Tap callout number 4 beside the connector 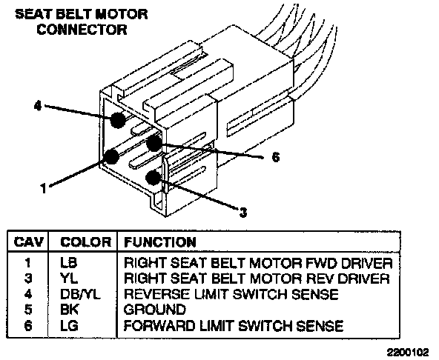click(38, 106)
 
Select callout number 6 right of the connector click(276, 157)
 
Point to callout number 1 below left click(44, 188)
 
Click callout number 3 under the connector click(243, 213)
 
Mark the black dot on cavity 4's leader click(118, 120)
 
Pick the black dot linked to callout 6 click(154, 143)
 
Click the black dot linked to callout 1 click(111, 156)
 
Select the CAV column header click(29, 242)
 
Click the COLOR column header click(86, 242)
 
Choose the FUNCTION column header click(160, 242)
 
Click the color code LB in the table click(68, 263)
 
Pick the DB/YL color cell click(80, 294)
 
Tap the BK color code click(70, 310)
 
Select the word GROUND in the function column click(155, 310)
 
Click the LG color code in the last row click(69, 326)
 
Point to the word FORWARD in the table click(159, 326)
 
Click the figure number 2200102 click(408, 352)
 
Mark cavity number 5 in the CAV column click(28, 310)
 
